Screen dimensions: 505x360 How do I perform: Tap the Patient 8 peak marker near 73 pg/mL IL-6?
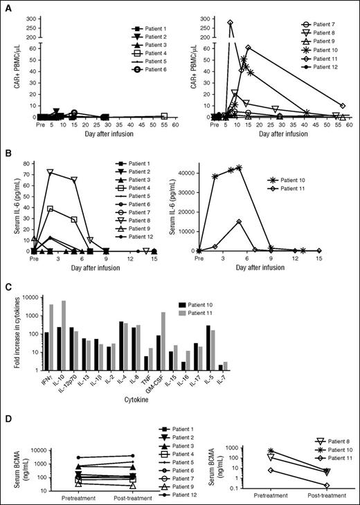tap(50, 172)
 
